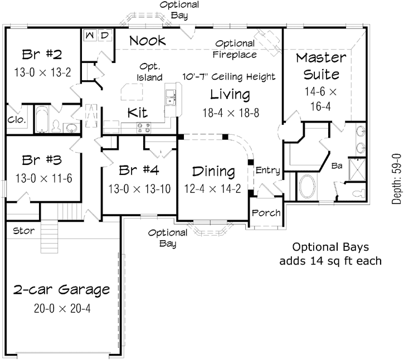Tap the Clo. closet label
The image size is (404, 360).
click(x=14, y=119)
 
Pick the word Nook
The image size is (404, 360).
click(x=148, y=41)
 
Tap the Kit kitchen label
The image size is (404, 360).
click(x=137, y=111)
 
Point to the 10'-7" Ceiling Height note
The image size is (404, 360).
click(x=229, y=76)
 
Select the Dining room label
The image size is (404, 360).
click(x=213, y=171)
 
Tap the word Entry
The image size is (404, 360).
click(x=267, y=170)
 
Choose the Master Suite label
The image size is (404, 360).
click(x=320, y=65)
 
